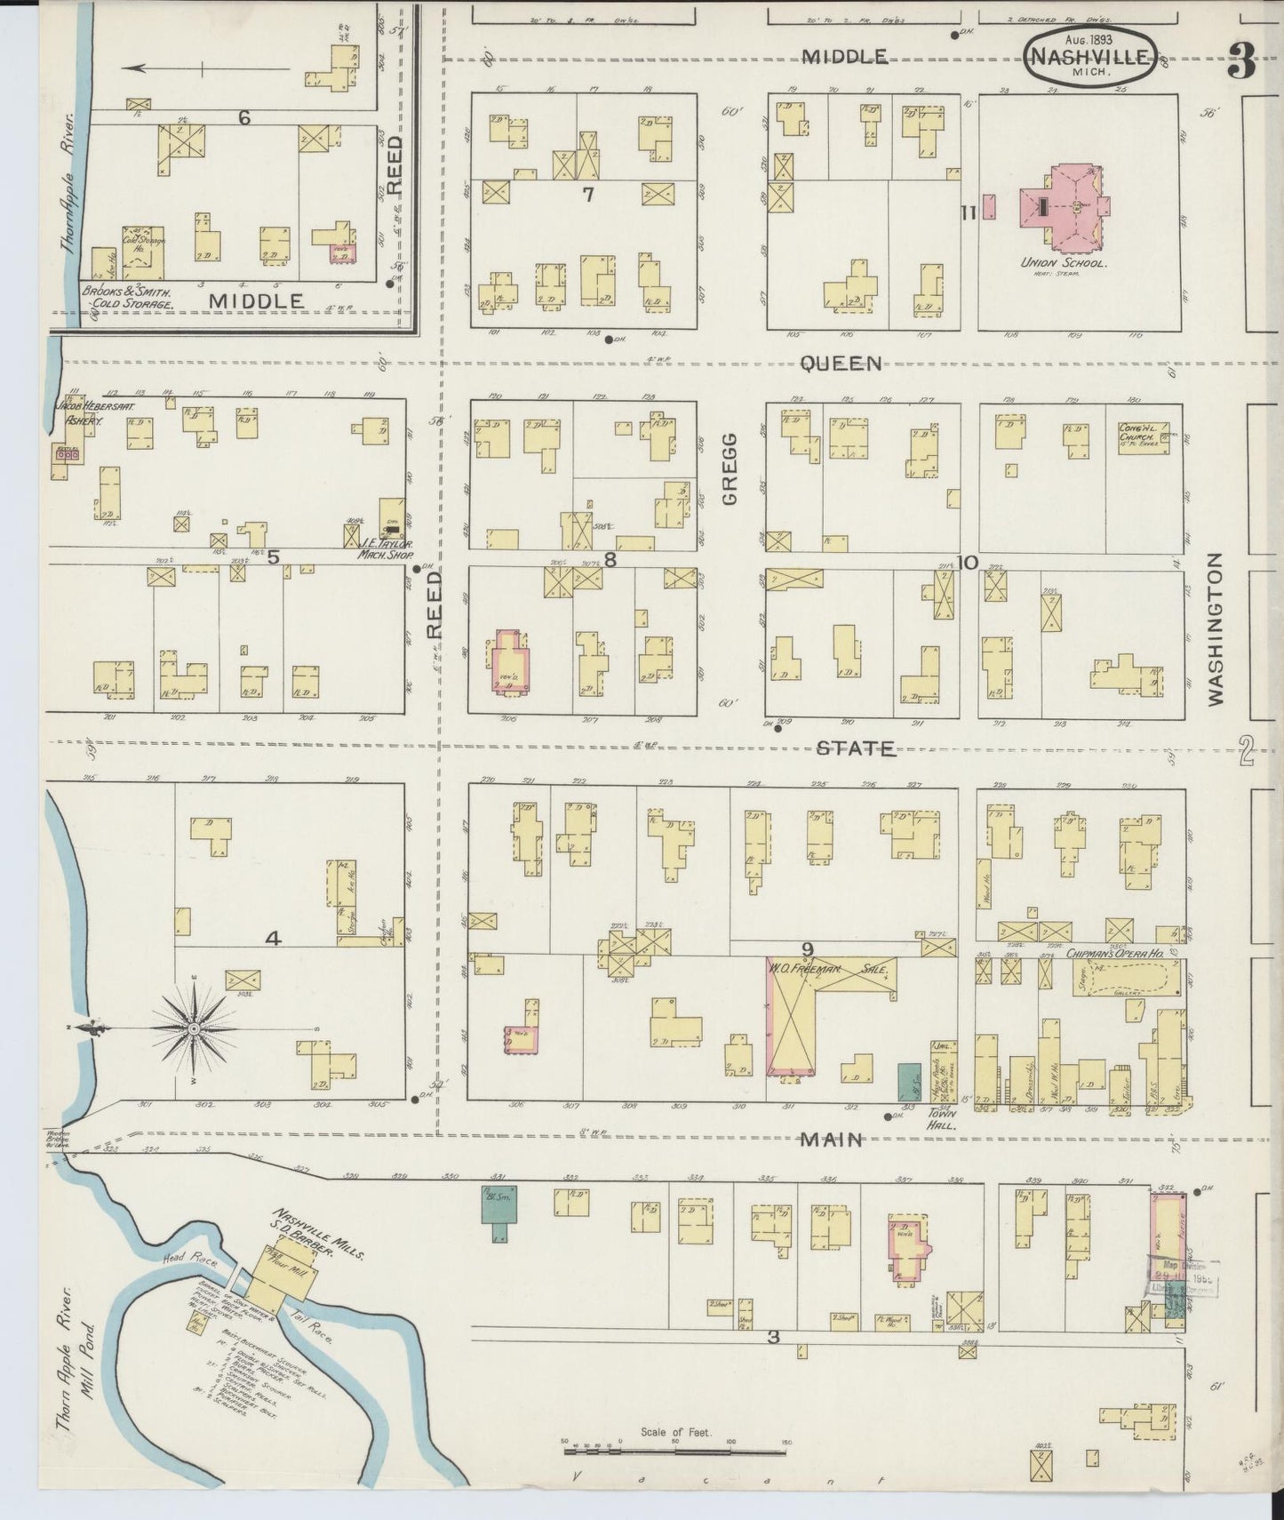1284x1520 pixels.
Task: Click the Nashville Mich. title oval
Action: click(x=1091, y=58)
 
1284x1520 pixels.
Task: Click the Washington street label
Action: click(x=1215, y=628)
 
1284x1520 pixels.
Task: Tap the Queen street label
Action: click(x=840, y=363)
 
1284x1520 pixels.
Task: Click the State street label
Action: click(x=856, y=748)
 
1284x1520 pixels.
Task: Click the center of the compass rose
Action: click(x=193, y=1028)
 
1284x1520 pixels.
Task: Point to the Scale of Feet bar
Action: click(x=675, y=1452)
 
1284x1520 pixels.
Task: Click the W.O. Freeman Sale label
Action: click(x=831, y=967)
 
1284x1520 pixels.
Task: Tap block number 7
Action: click(x=586, y=194)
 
